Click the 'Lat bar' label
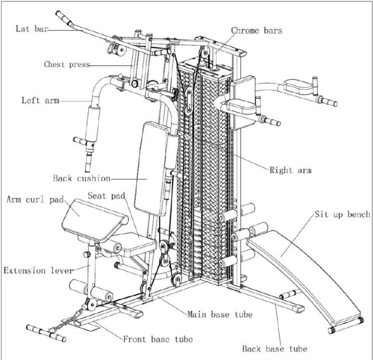(x=31, y=29)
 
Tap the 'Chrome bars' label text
(x=256, y=30)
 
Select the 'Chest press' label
(x=67, y=64)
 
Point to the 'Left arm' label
(x=40, y=101)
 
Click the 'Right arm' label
(x=291, y=170)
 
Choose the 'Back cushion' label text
(x=82, y=178)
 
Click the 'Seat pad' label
(x=106, y=196)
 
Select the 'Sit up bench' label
(x=342, y=215)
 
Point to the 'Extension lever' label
(x=38, y=271)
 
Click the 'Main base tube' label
(x=220, y=315)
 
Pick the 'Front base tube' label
(x=158, y=339)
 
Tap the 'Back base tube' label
(x=275, y=349)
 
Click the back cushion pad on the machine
(x=152, y=168)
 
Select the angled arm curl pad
(x=90, y=217)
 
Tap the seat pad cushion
(x=135, y=244)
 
